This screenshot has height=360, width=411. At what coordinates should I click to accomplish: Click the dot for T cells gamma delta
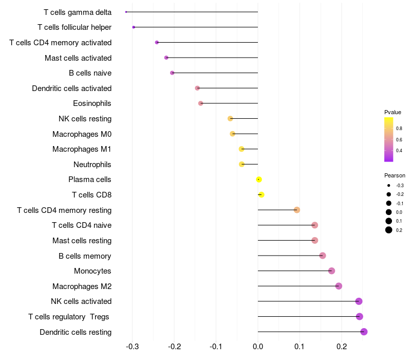[126, 12]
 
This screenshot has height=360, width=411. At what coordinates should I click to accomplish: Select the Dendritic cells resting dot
[364, 332]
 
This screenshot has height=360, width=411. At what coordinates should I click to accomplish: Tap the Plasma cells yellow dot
[259, 179]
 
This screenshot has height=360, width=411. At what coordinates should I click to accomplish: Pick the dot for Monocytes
[331, 271]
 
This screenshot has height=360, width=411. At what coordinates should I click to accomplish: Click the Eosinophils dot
[200, 103]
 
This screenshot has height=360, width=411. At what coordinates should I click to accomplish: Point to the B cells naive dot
[172, 73]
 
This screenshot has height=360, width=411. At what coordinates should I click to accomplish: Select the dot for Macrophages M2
[339, 286]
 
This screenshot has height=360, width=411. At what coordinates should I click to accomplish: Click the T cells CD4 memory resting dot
[296, 210]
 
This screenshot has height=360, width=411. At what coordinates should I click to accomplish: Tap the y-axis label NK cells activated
[81, 301]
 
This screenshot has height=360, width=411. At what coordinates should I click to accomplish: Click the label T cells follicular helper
[74, 27]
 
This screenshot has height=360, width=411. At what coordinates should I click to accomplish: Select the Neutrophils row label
[92, 165]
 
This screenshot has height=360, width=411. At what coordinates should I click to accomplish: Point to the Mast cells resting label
[82, 241]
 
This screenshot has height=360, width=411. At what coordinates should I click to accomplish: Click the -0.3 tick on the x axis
[133, 347]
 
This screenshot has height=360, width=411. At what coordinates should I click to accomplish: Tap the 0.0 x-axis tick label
[258, 347]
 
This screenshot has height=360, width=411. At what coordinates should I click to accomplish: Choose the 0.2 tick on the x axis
[342, 347]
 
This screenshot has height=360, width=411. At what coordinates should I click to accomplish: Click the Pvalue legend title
[393, 112]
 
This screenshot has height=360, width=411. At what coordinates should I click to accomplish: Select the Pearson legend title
[395, 175]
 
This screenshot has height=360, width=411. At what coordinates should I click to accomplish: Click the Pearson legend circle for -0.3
[389, 185]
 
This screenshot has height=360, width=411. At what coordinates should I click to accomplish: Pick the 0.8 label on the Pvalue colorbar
[399, 128]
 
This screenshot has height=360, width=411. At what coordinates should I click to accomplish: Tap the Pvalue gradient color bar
[389, 139]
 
